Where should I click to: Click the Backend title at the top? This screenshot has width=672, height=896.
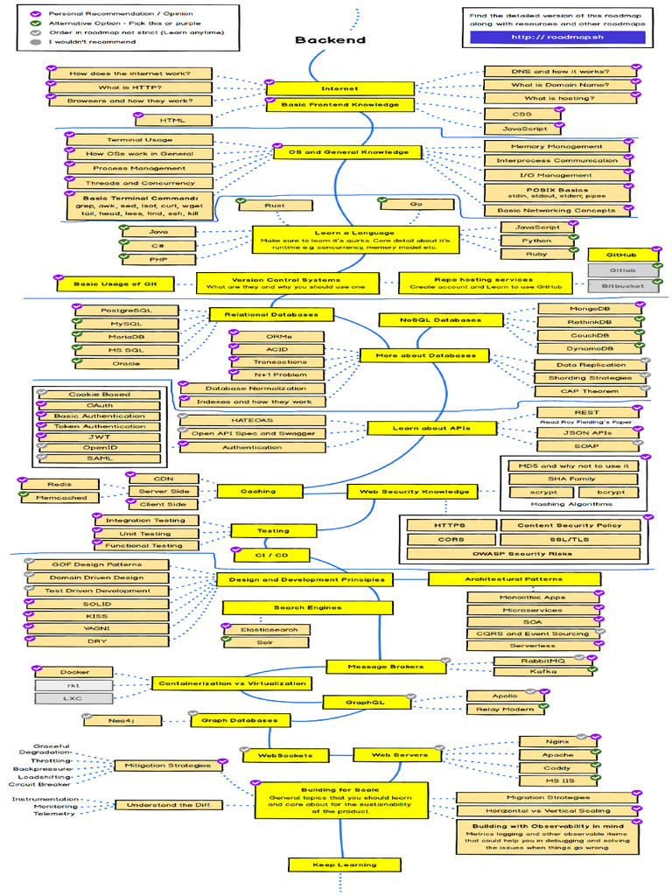click(330, 40)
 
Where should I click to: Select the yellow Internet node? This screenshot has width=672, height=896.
click(339, 88)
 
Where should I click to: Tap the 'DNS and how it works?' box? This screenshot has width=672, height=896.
click(560, 72)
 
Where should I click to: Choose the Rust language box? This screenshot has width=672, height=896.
click(274, 206)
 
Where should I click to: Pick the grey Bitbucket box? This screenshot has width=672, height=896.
click(623, 286)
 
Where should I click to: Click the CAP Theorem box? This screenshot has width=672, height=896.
click(591, 392)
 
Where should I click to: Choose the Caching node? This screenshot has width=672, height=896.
click(258, 492)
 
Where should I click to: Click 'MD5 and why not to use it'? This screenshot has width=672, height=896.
click(574, 466)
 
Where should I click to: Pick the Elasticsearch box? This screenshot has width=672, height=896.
click(263, 629)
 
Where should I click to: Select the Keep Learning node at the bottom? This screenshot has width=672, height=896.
click(345, 864)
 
